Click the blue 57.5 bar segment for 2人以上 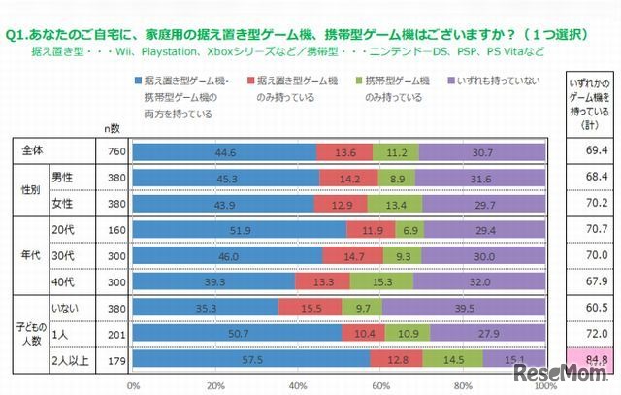pyautogui.click(x=250, y=358)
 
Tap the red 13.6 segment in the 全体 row pyautogui.click(x=344, y=151)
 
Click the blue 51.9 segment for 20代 pyautogui.click(x=239, y=229)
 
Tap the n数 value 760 pyautogui.click(x=113, y=151)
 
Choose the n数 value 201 pyautogui.click(x=113, y=333)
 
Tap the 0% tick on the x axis pyautogui.click(x=133, y=383)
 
